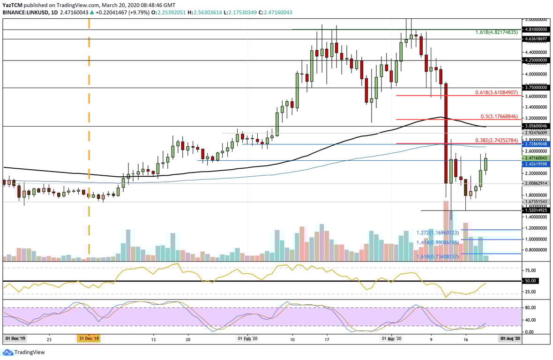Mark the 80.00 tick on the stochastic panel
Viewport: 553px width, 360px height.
[530, 308]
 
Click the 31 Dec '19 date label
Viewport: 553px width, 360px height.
[88, 337]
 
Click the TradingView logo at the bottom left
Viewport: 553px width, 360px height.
[21, 352]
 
